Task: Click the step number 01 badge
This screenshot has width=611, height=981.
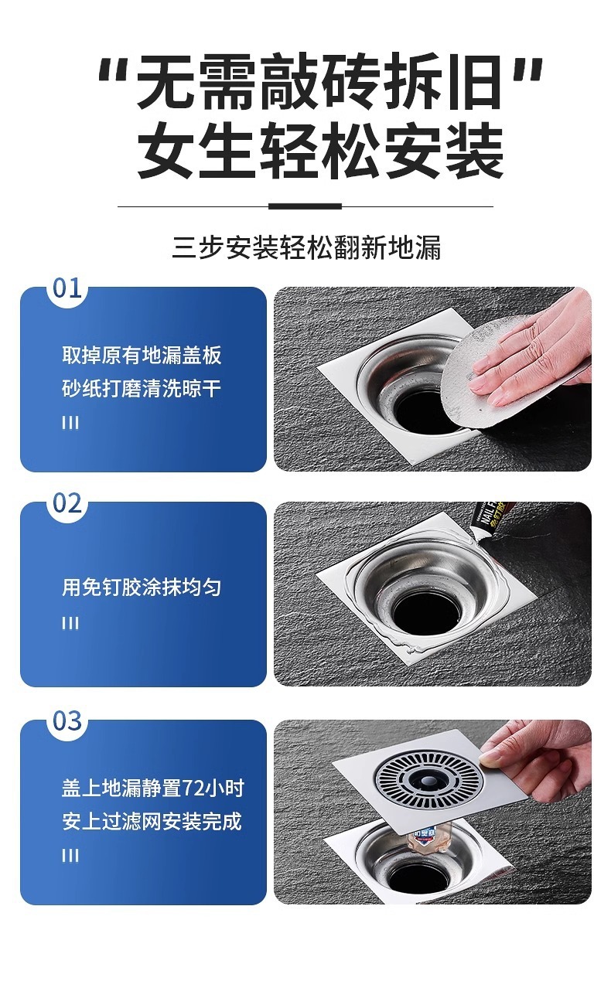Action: coord(67,288)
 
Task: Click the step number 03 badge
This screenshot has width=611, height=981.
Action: coord(67,720)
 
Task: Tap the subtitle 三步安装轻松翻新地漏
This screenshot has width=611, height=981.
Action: coord(306,247)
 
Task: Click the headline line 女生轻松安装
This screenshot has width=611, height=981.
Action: coord(320,150)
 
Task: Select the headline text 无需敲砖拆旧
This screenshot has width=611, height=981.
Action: coord(319,82)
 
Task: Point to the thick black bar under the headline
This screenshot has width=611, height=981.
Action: coord(305,206)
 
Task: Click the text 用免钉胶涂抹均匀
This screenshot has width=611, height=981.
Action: coord(142,587)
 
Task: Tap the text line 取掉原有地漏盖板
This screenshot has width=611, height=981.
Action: coord(142,355)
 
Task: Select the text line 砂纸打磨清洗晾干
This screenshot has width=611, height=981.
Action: coord(142,389)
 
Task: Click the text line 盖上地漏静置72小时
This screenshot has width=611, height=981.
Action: coord(152,788)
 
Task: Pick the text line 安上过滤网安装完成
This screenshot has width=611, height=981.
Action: coord(152,821)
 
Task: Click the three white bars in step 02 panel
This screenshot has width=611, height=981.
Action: coord(70,622)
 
